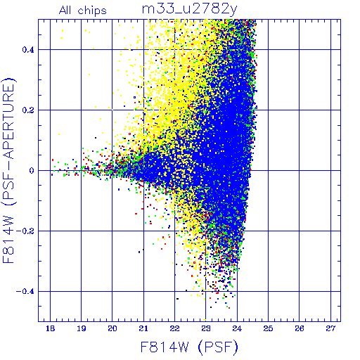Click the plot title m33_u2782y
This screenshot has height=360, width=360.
click(x=190, y=10)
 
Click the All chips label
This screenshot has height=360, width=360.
click(x=83, y=11)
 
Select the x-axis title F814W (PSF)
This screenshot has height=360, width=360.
click(x=189, y=347)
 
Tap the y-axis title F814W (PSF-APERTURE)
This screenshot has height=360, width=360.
click(x=8, y=170)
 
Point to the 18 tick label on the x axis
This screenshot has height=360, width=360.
click(x=50, y=328)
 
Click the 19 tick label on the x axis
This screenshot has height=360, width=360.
click(x=82, y=328)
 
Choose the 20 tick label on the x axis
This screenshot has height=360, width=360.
click(x=112, y=328)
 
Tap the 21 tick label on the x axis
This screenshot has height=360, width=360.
click(x=143, y=328)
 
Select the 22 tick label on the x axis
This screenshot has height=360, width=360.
click(x=174, y=328)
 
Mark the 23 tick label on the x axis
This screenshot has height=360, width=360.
click(x=206, y=328)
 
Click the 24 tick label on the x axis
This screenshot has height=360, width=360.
click(x=237, y=328)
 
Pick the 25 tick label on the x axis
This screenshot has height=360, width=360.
click(x=268, y=328)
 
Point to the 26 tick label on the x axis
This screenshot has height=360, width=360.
click(x=300, y=328)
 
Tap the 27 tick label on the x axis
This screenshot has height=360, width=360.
click(x=330, y=328)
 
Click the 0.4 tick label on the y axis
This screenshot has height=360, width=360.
click(x=28, y=50)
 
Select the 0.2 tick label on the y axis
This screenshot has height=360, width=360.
click(x=28, y=110)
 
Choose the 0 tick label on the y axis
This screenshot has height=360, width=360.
click(x=32, y=171)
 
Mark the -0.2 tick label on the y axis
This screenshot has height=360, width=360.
click(x=25, y=231)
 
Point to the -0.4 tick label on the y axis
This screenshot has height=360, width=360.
click(x=25, y=292)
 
